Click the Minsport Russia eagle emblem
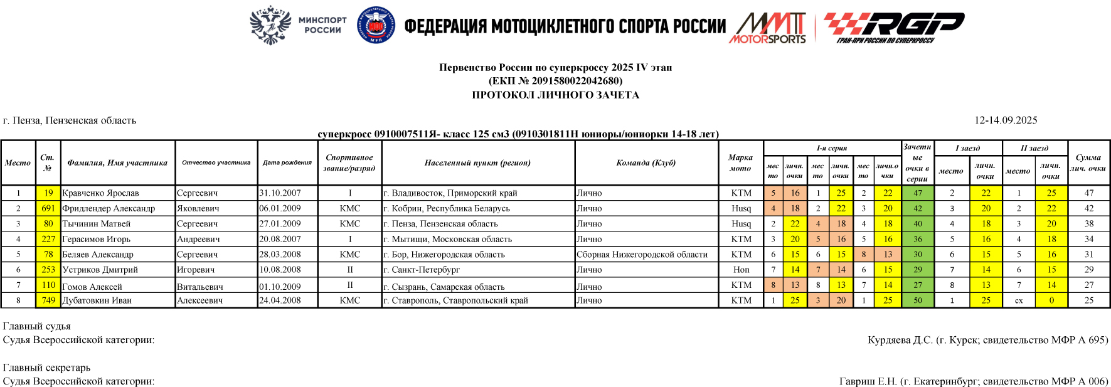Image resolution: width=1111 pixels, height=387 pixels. coord(270,26)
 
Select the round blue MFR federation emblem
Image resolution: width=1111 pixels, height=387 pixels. coord(376,26)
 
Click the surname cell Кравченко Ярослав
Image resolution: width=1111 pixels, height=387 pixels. coord(101,193)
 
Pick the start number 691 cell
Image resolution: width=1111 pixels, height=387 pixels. coord(48,208)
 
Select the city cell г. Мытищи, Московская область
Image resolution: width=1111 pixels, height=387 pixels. coord(448,239)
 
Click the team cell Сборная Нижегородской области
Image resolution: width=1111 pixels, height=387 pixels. coord(642,255)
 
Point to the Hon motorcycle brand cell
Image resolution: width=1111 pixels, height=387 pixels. coord(741,270)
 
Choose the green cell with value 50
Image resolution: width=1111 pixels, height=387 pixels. coord(917,300)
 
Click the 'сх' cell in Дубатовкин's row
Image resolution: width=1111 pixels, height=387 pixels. coord(1019,300)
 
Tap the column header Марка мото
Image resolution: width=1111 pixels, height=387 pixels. coord(740,163)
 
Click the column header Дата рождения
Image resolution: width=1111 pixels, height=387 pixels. coord(287,163)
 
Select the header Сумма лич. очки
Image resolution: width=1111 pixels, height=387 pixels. coord(1088,163)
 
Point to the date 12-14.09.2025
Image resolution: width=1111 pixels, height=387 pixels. coord(1006,120)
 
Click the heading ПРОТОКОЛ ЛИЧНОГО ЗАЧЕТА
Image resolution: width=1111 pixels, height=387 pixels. coord(555,95)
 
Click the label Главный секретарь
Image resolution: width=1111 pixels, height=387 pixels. coord(47,368)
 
